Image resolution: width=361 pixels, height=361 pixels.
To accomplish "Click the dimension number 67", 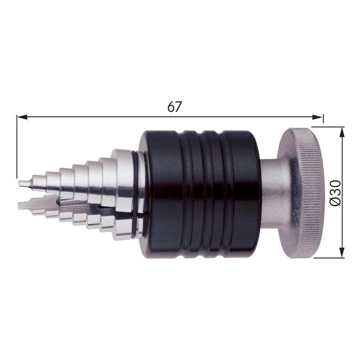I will coord(174,107).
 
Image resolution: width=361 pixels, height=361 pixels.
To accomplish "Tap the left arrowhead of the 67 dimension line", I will coord(20,117).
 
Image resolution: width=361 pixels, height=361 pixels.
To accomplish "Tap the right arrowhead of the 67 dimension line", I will coord(320,117).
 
